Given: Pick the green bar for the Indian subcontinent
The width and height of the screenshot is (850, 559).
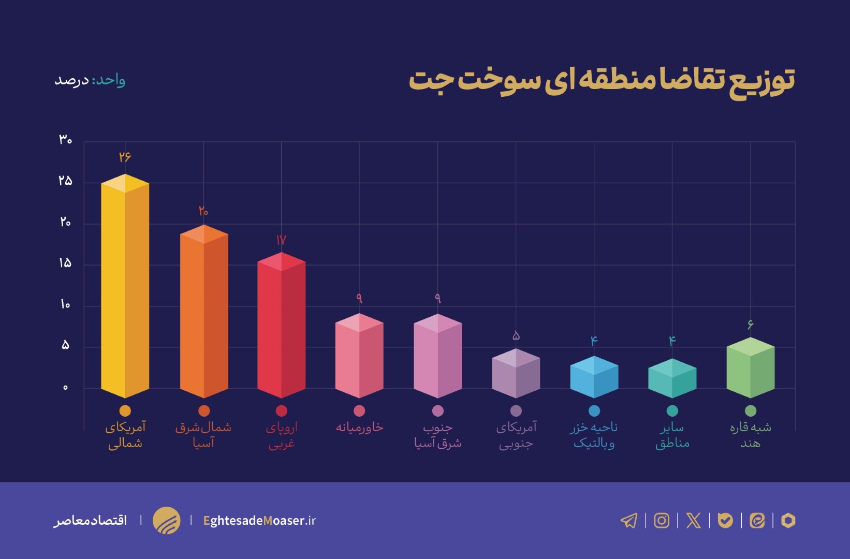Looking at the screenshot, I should point(750,369).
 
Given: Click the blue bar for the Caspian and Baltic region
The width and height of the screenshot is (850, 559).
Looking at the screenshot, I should point(594,378).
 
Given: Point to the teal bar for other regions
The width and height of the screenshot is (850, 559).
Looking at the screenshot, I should point(672,379).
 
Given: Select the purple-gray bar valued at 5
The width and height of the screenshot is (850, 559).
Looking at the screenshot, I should point(516,374).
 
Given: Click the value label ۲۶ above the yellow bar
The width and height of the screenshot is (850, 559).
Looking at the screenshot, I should point(125,156).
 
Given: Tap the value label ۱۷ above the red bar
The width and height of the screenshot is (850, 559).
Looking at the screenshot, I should point(281,240).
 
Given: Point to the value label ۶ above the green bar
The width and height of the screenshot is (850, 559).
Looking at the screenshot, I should point(750,325).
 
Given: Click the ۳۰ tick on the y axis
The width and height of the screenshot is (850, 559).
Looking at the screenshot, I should point(65,139).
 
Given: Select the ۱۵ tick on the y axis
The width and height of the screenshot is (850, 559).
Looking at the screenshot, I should point(65,263).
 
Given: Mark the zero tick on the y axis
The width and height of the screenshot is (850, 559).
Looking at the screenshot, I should point(65,387).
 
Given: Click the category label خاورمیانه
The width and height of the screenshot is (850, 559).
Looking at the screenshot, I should point(359,428).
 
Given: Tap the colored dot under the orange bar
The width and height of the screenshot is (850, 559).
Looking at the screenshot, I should point(203,410).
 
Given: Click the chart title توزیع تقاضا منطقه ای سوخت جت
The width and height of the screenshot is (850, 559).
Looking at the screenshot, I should point(602,81).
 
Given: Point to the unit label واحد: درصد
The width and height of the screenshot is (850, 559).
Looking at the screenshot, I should point(90,80).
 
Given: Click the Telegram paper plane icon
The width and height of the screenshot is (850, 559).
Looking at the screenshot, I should point(629,520).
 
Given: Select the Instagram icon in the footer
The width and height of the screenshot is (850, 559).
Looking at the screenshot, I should point(661,520).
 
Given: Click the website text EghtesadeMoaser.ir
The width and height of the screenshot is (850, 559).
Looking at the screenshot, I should point(259,520).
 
